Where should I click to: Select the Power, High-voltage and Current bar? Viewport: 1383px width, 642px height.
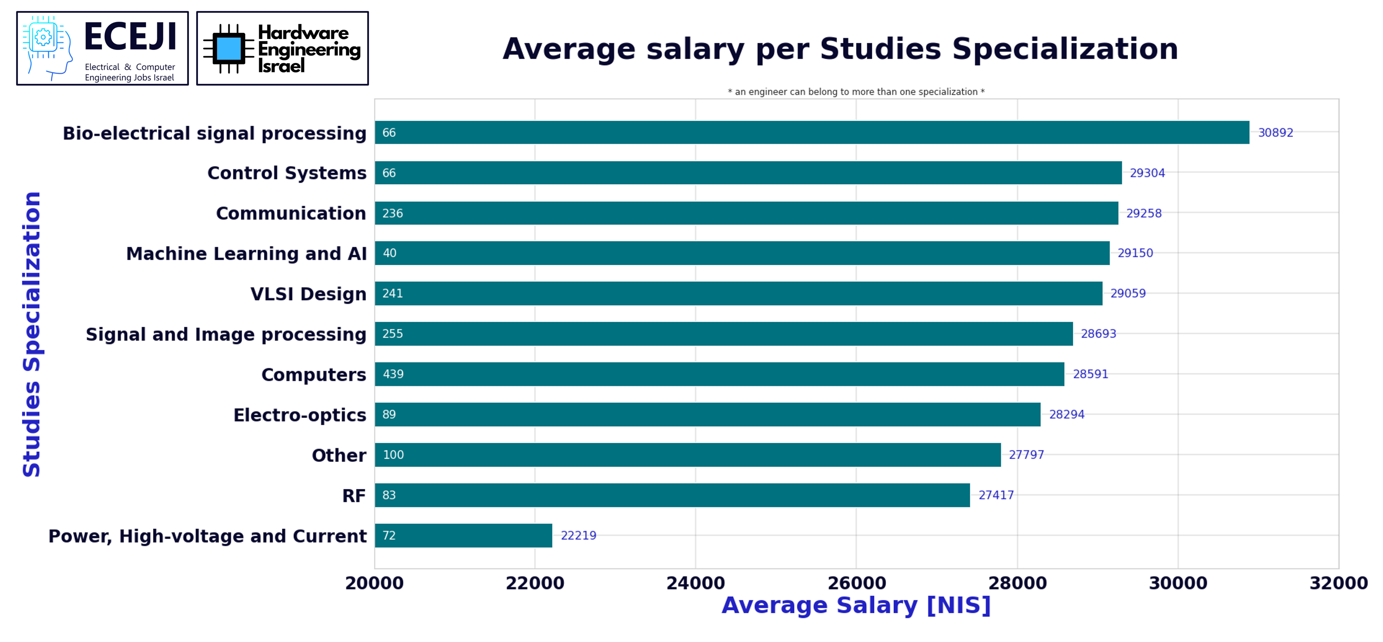[463, 535]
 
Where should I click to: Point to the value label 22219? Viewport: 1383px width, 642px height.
[578, 535]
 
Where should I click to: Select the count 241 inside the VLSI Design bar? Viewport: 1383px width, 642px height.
[392, 293]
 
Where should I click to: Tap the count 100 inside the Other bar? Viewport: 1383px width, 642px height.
[393, 455]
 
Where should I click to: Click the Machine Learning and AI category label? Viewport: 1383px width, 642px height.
[246, 254]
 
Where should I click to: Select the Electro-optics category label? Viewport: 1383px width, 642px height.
[300, 415]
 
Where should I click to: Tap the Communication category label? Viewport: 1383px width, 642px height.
[291, 213]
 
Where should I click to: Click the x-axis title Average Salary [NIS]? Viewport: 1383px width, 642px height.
[856, 605]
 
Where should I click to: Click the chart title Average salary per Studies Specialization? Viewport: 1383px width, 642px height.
[840, 49]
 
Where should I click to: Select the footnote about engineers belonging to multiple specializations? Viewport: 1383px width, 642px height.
[856, 92]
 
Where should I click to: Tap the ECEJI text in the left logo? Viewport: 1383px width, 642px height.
[130, 37]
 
